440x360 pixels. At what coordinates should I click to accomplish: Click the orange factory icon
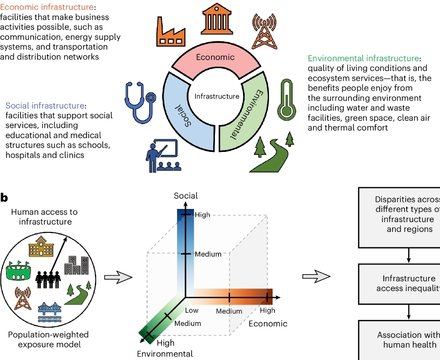171,33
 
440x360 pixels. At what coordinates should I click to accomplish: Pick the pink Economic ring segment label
215,57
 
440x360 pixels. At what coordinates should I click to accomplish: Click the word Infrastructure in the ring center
217,96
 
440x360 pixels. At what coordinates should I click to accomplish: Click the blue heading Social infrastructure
45,106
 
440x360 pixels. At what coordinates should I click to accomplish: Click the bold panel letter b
4,197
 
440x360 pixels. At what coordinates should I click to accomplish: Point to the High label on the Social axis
203,215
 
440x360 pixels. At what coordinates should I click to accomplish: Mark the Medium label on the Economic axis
229,311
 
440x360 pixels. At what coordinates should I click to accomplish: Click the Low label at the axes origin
191,311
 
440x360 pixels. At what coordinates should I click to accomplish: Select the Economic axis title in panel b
268,323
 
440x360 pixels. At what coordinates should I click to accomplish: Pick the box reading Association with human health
409,340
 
